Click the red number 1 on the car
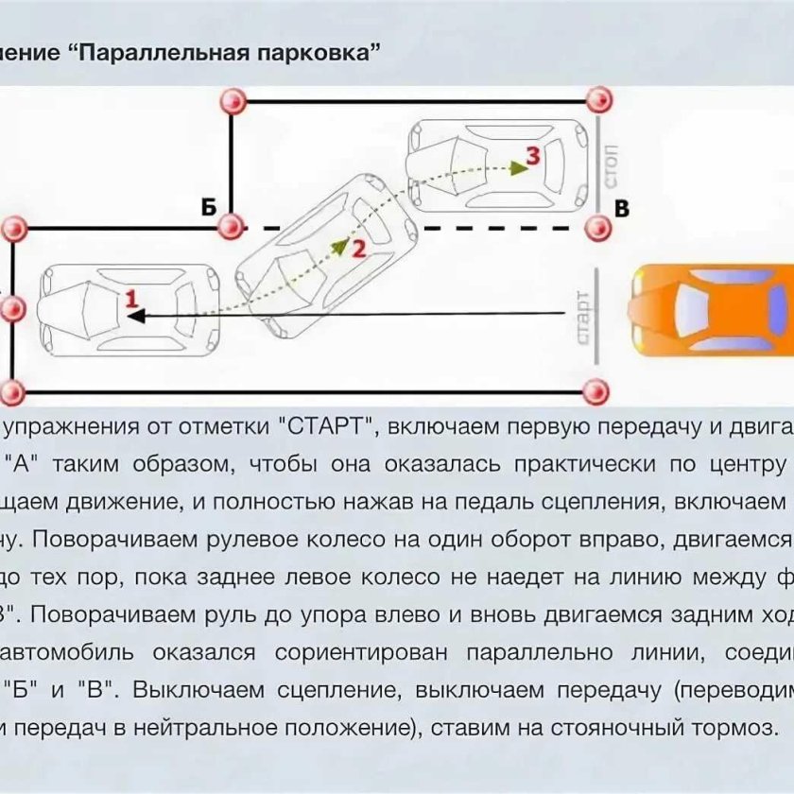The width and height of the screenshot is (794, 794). click(132, 298)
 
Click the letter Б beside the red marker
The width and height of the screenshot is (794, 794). click(208, 207)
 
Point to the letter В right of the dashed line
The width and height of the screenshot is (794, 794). click(622, 209)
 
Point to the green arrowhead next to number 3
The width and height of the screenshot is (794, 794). click(516, 167)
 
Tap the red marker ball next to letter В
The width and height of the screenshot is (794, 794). click(596, 228)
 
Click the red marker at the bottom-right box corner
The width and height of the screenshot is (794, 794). click(595, 390)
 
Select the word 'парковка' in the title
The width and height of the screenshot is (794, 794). click(313, 53)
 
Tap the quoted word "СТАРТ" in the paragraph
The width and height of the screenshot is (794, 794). click(326, 426)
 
